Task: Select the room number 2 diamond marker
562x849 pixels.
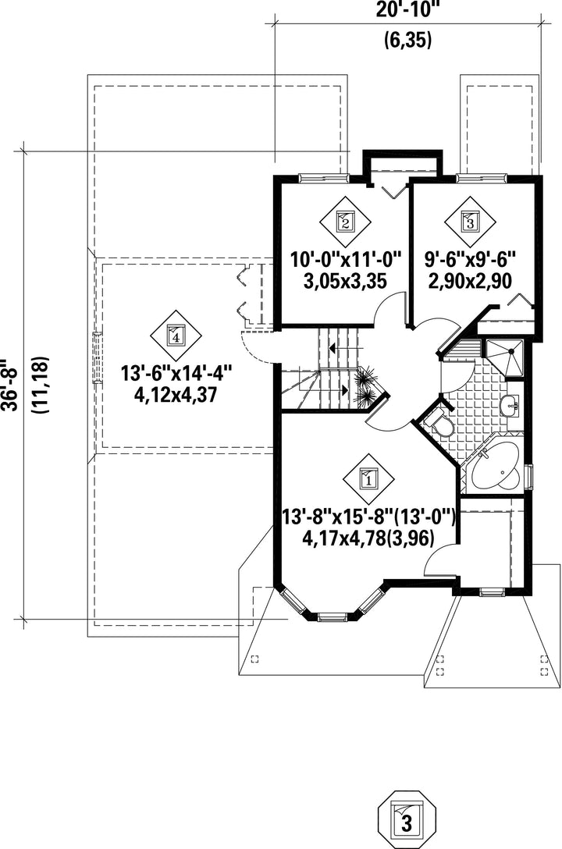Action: (344, 221)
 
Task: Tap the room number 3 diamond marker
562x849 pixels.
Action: (469, 221)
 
